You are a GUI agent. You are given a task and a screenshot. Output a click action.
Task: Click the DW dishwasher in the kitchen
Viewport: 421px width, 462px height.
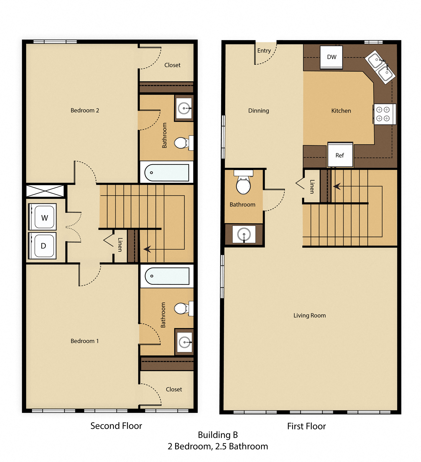pyautogui.click(x=331, y=57)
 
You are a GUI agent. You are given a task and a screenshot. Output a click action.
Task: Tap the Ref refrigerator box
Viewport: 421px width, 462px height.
pyautogui.click(x=340, y=155)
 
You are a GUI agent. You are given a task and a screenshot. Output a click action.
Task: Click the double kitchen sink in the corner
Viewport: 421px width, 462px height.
pyautogui.click(x=380, y=67)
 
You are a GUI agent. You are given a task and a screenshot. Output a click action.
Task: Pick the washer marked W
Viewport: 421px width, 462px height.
pyautogui.click(x=44, y=217)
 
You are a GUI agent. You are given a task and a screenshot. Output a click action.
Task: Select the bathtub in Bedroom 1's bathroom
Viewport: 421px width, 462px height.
pyautogui.click(x=167, y=276)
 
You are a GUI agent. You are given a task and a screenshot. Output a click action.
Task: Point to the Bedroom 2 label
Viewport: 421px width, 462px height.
pyautogui.click(x=85, y=110)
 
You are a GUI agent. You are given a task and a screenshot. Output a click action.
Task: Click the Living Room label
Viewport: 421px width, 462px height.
pyautogui.click(x=310, y=315)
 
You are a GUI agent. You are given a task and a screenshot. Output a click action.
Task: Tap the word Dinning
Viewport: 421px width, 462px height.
pyautogui.click(x=258, y=111)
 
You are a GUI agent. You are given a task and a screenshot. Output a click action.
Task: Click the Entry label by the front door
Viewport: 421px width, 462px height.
pyautogui.click(x=264, y=51)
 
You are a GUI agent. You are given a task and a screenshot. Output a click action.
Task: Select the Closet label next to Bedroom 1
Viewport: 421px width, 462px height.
pyautogui.click(x=174, y=389)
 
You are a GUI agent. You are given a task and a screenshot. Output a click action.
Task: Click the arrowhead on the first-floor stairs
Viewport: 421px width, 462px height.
pyautogui.click(x=337, y=186)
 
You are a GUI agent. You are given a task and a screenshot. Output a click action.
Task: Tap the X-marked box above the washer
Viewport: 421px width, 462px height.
pyautogui.click(x=45, y=191)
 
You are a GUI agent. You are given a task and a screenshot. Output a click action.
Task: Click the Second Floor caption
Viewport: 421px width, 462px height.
pyautogui.click(x=116, y=426)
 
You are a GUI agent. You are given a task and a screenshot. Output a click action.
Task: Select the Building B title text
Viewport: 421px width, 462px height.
pyautogui.click(x=218, y=435)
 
